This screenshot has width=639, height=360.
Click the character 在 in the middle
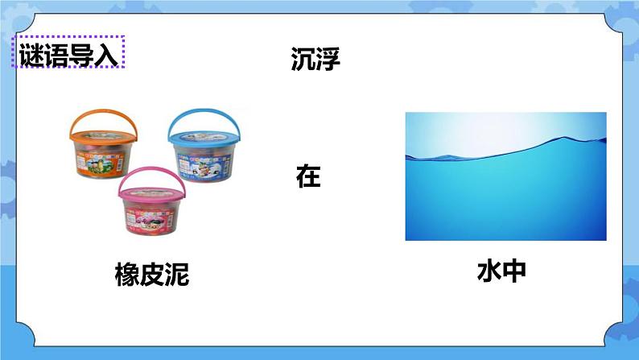[x=308, y=176]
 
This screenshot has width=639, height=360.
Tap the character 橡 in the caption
[x=127, y=275]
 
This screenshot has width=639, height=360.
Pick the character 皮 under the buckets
[x=152, y=275]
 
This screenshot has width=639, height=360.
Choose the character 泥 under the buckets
[x=177, y=275]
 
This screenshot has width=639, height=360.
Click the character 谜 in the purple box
[x=31, y=56]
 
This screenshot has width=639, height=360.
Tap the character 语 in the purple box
[x=56, y=56]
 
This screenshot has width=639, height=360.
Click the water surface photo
[x=505, y=176]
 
